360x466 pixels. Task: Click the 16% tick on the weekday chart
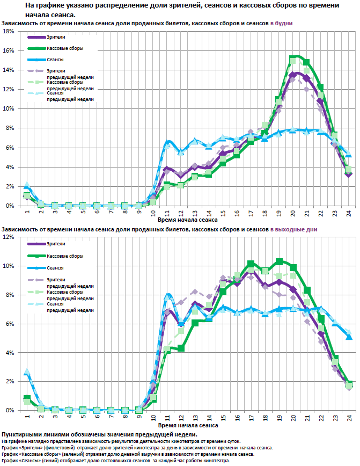pos(9,50)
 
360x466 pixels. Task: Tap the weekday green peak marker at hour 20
pos(293,59)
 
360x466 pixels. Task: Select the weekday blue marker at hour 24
pos(349,156)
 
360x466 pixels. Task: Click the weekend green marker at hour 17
pos(251,264)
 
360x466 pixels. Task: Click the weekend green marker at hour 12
pos(181,348)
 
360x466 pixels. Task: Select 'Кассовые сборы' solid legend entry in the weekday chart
pos(63,49)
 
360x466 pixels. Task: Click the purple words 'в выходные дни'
pos(293,229)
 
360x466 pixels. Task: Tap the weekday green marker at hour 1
pos(27,196)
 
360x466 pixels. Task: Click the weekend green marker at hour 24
pos(349,384)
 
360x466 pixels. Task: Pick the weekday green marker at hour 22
pos(321,87)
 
